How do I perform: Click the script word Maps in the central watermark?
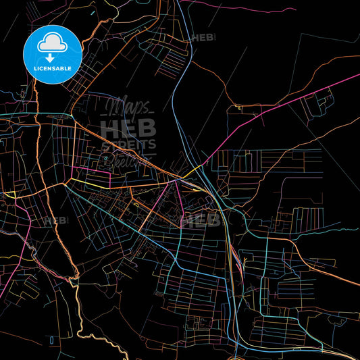[128, 107]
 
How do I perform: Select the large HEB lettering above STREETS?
[128, 127]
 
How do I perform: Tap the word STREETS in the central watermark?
[128, 145]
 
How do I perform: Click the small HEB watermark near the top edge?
[203, 38]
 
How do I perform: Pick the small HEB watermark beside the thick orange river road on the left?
[56, 220]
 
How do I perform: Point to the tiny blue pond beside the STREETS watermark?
[105, 159]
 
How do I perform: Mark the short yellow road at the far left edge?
[8, 194]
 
